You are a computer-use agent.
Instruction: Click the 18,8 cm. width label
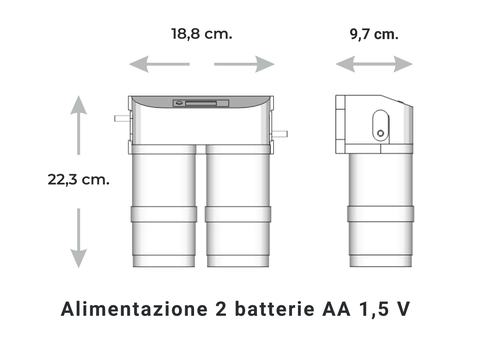click(x=201, y=33)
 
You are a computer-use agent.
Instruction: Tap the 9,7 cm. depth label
click(x=373, y=33)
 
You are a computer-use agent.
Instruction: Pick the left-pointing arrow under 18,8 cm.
click(x=160, y=64)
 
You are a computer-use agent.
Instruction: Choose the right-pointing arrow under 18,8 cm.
click(x=244, y=64)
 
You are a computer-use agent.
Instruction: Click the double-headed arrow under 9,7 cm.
click(x=374, y=64)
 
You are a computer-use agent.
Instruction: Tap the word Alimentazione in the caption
click(x=130, y=308)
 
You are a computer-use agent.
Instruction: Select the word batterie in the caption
click(x=282, y=308)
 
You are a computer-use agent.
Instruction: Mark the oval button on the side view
click(x=379, y=126)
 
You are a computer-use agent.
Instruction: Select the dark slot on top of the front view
click(x=201, y=102)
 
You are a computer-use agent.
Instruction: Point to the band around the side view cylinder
click(x=381, y=215)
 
